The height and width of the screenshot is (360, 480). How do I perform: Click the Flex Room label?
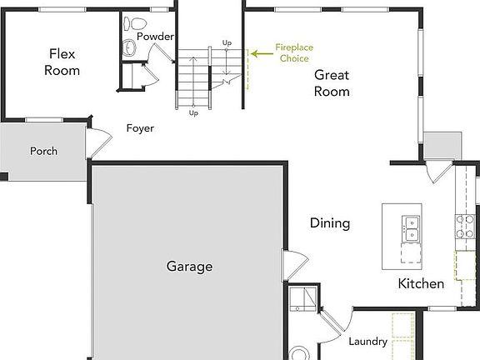pos(62,62)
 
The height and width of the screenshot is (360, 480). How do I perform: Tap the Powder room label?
pos(155,37)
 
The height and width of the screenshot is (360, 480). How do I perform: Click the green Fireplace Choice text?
pos(292,53)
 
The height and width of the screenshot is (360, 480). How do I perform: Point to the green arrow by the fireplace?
pos(261,53)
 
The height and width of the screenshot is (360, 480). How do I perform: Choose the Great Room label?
pos(332,82)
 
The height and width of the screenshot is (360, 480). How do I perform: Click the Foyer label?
pos(140,128)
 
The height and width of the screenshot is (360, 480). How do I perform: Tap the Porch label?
pos(43,152)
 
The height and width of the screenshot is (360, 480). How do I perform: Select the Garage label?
pos(189,267)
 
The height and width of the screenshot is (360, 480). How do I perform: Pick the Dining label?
pos(330,223)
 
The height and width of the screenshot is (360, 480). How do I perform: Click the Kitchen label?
pos(421,284)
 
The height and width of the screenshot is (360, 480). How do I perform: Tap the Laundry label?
pos(367,341)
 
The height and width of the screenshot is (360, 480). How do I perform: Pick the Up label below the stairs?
pos(193,112)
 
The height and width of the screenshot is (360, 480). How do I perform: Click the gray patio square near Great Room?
pos(442,146)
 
